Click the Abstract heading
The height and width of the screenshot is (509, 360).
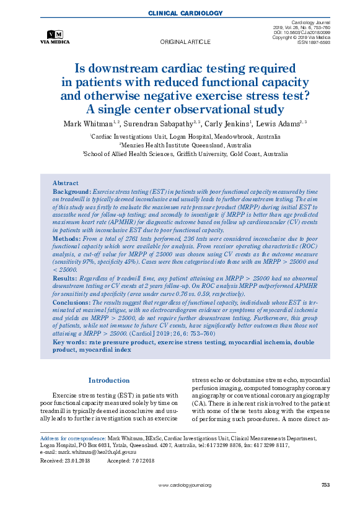click(66, 183)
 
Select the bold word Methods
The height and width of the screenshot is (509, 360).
click(66, 238)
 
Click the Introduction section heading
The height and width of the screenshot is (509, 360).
click(108, 380)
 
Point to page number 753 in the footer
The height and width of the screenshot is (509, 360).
click(325, 485)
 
